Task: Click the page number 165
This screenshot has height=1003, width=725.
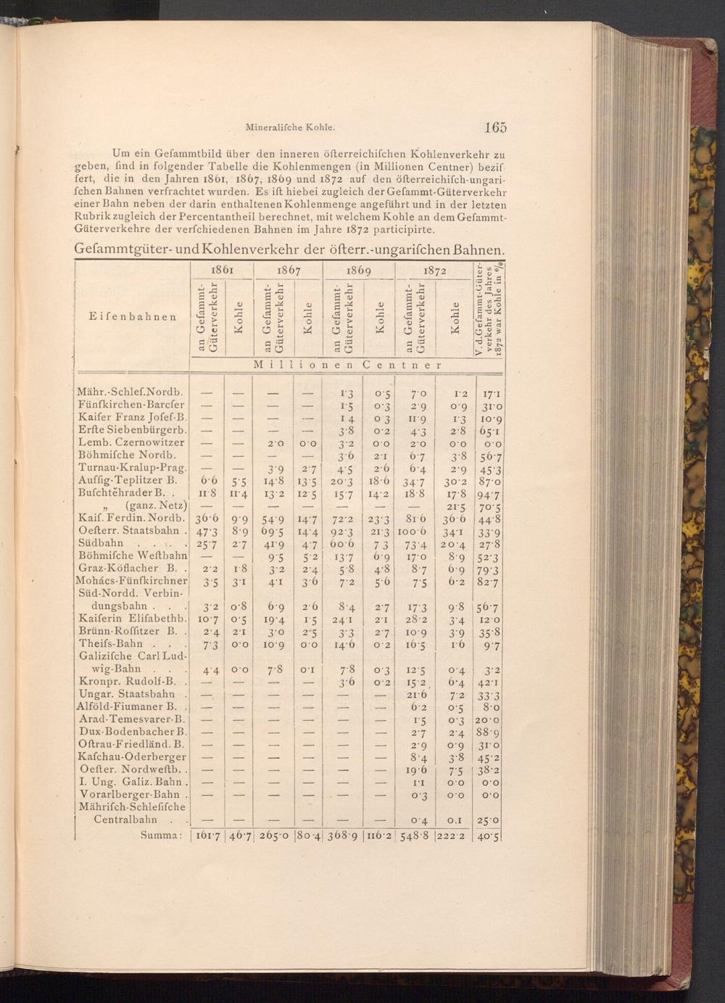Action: tap(495, 128)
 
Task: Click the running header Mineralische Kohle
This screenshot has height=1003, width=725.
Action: tap(290, 128)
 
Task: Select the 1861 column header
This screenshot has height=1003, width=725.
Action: tap(222, 270)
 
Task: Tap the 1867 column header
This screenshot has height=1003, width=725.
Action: tap(289, 270)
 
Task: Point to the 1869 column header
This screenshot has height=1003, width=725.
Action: tap(358, 270)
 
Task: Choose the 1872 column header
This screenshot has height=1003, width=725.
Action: tap(434, 270)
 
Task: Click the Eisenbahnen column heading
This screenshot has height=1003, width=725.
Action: tap(133, 316)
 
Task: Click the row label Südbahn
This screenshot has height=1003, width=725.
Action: tap(101, 543)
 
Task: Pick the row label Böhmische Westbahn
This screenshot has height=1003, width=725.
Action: tap(132, 556)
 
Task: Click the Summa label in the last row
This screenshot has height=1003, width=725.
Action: tap(159, 835)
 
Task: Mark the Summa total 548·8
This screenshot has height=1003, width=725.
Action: tap(415, 835)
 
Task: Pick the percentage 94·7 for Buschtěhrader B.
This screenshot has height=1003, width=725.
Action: tap(489, 493)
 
